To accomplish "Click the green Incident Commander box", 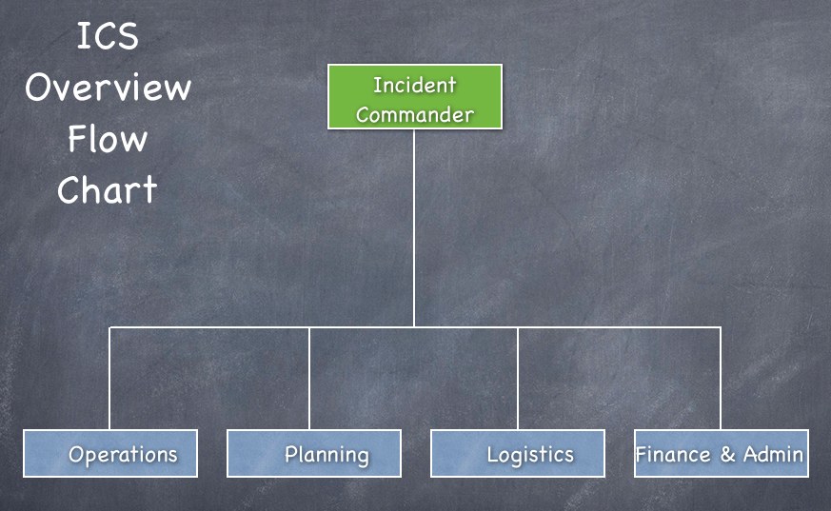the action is tap(415, 97).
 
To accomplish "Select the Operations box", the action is tap(110, 453).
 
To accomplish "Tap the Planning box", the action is tap(314, 453).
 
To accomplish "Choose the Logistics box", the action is tap(518, 453).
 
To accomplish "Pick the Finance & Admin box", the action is tap(722, 453).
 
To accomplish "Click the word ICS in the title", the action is tap(108, 36).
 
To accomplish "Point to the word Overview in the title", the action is tap(109, 88).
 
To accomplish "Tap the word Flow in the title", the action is tap(108, 139).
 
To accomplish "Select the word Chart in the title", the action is tap(108, 189).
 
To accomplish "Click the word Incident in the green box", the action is tap(415, 85).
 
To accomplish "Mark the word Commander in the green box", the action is tap(415, 114).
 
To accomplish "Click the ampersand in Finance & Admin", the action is tap(727, 454).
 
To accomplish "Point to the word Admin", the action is tap(773, 454).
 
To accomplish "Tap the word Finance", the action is tap(673, 454).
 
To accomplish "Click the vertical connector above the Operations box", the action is tap(109, 378).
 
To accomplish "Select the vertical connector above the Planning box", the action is tap(309, 378).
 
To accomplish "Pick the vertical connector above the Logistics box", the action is tap(518, 378).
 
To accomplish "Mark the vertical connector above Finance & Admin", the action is tap(721, 378).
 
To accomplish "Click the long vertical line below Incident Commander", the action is tap(414, 228).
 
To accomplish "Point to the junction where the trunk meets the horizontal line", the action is tap(414, 327).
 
